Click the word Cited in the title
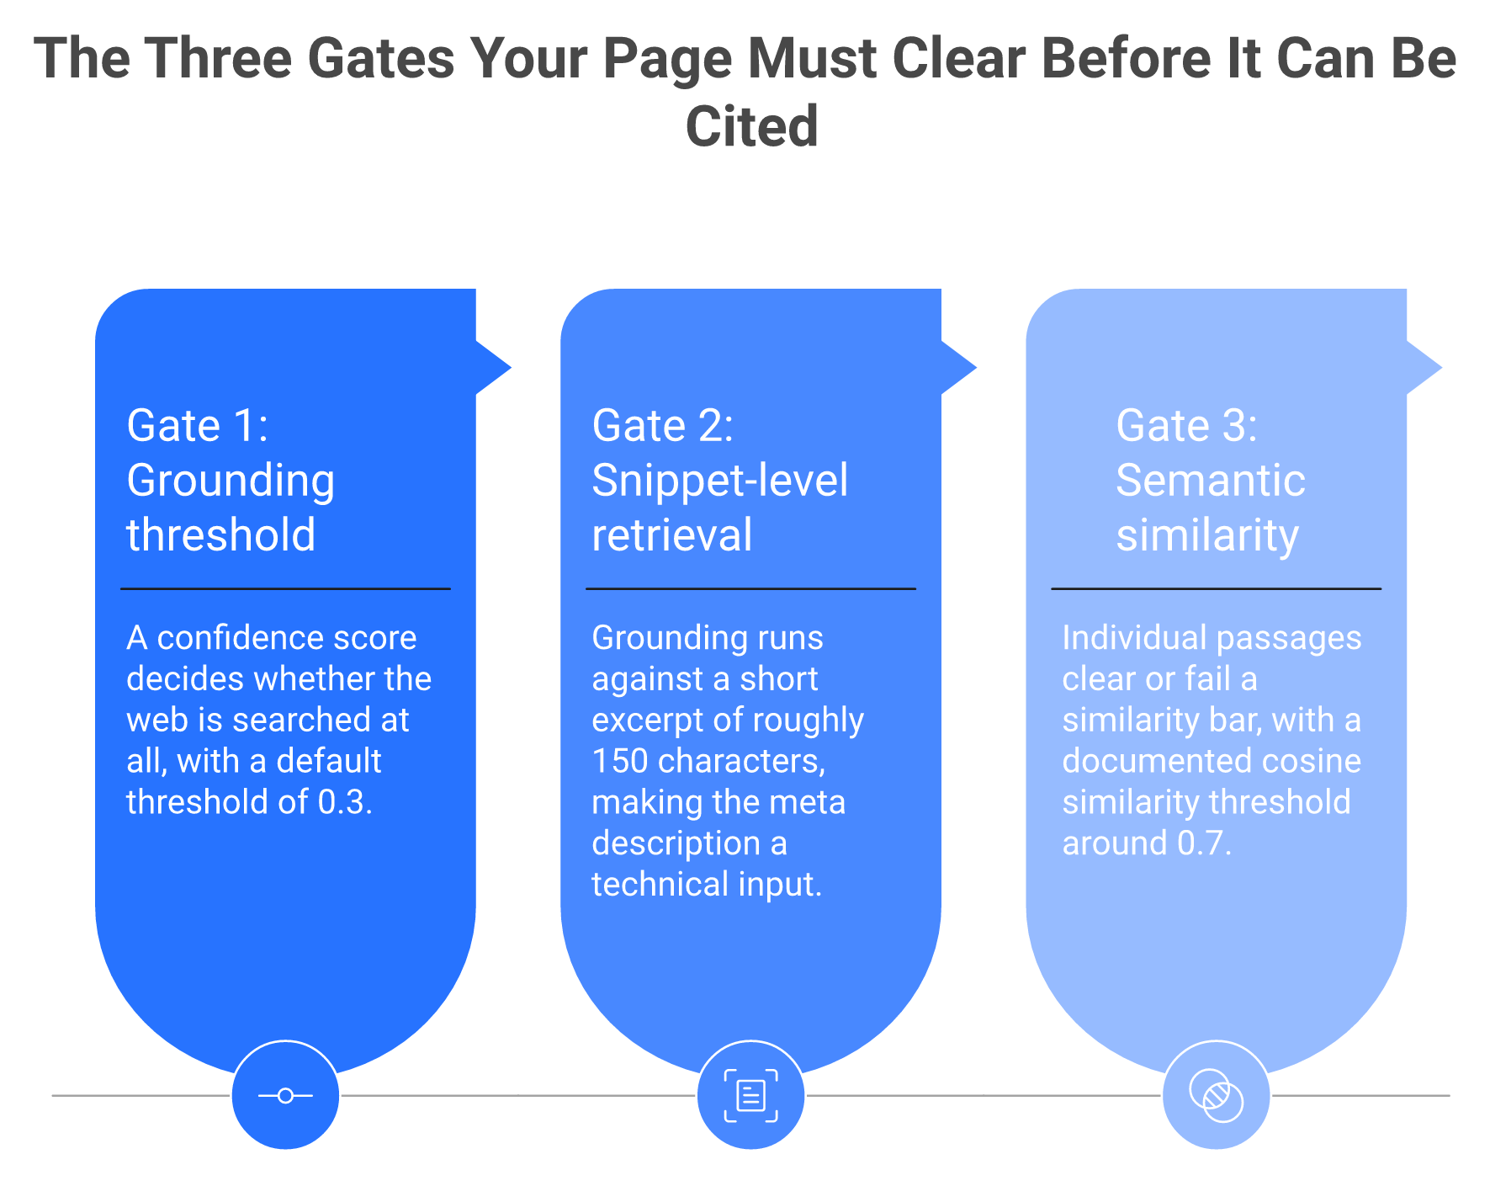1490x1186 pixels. pyautogui.click(x=751, y=126)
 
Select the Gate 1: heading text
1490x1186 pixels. pyautogui.click(x=198, y=425)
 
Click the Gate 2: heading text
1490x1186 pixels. pyautogui.click(x=663, y=425)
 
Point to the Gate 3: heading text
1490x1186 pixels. pyautogui.click(x=1186, y=425)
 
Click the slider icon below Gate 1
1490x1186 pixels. pyautogui.click(x=285, y=1095)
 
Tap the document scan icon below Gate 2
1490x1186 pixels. pyautogui.click(x=750, y=1095)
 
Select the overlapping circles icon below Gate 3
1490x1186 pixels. pyautogui.click(x=1217, y=1095)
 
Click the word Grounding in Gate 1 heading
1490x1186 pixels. pyautogui.click(x=231, y=481)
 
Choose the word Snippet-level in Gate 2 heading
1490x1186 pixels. pyautogui.click(x=720, y=481)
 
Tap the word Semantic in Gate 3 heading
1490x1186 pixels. pyautogui.click(x=1211, y=480)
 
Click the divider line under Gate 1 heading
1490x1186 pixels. pyautogui.click(x=285, y=588)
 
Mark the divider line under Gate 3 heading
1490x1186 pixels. pyautogui.click(x=1216, y=588)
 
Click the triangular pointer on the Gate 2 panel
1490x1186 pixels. pyautogui.click(x=958, y=367)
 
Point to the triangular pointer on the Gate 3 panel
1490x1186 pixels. pyautogui.click(x=1424, y=367)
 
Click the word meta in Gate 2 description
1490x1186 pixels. pyautogui.click(x=811, y=802)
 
